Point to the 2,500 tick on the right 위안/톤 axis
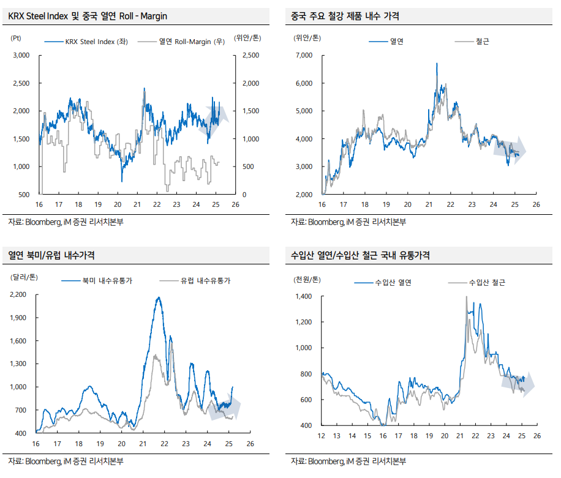tap(250, 56)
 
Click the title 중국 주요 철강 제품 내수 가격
tap(346, 17)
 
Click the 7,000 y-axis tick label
tap(304, 56)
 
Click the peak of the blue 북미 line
tap(159, 298)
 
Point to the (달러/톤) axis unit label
tap(24, 277)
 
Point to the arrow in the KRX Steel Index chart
tap(219, 113)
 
